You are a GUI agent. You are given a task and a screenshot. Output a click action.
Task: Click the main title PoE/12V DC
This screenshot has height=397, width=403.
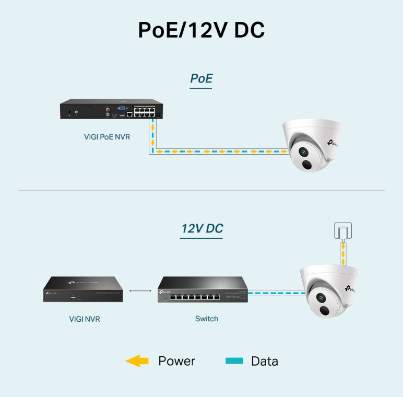point(201,30)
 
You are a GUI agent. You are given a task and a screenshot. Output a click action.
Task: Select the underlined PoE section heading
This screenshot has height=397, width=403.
point(201,79)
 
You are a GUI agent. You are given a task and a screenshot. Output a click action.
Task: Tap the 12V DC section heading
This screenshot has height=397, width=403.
point(202,229)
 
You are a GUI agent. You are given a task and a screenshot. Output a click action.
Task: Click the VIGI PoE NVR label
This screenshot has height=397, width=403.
point(107,137)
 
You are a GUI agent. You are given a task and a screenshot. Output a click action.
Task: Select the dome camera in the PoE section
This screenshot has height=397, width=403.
point(311,146)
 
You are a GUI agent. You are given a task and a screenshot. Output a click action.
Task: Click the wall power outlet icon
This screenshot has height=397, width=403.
point(342,232)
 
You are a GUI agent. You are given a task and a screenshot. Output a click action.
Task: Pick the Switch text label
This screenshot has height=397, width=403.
point(207,319)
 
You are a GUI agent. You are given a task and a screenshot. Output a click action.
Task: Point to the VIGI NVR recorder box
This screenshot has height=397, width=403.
point(83,289)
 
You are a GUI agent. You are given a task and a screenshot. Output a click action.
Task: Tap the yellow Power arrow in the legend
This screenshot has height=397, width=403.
point(137,360)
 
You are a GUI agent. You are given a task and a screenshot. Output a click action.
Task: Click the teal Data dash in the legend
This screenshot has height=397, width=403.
point(234,361)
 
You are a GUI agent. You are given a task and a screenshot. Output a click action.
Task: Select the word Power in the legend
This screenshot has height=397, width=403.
point(176,361)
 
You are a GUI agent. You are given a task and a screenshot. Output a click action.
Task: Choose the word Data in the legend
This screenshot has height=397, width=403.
point(264,361)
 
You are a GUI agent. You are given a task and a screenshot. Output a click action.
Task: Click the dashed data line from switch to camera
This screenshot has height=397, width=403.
point(274,294)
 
